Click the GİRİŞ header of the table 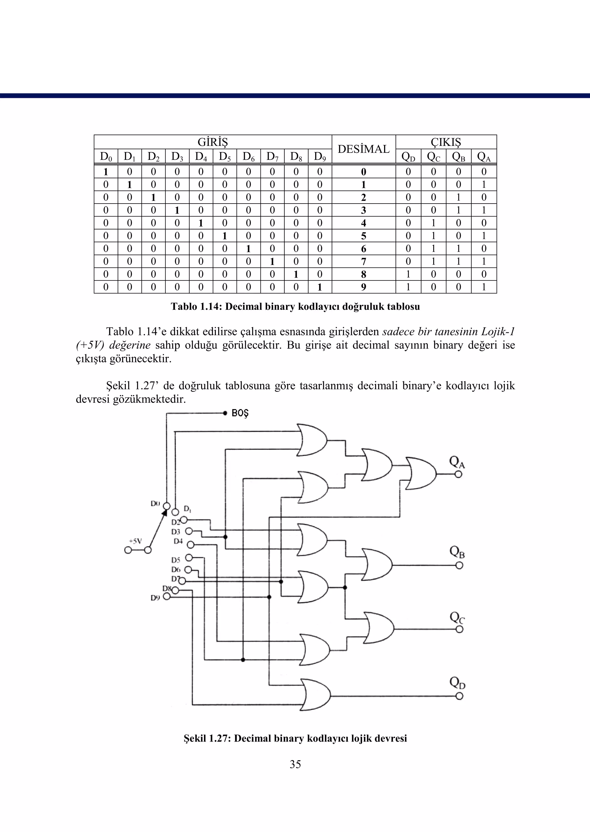pos(213,142)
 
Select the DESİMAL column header pos(363,149)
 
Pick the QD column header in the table pos(408,157)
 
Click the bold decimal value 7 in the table pos(363,261)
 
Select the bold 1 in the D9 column pos(320,287)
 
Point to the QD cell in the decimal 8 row pos(408,274)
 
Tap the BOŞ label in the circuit pos(240,413)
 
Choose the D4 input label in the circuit pos(178,541)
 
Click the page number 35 pos(295,764)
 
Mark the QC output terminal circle pos(459,629)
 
